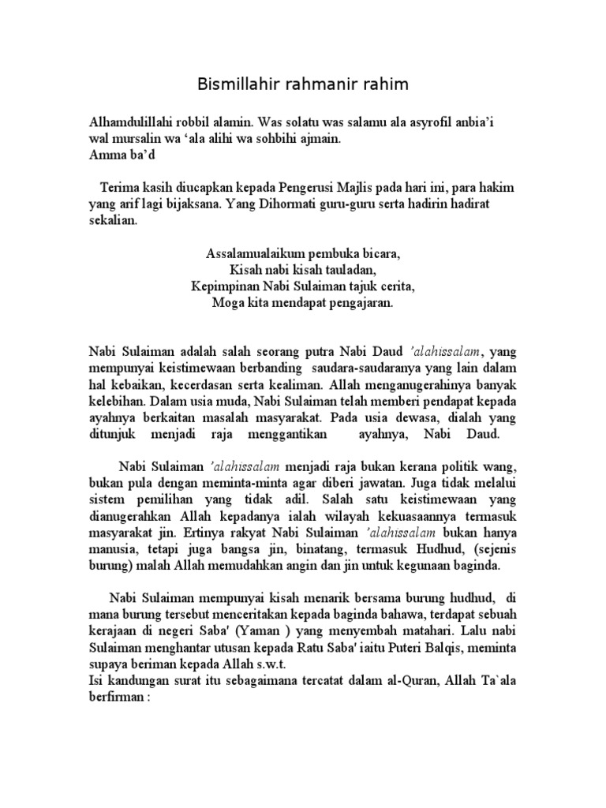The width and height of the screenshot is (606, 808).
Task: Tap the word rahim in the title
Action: click(x=388, y=84)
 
